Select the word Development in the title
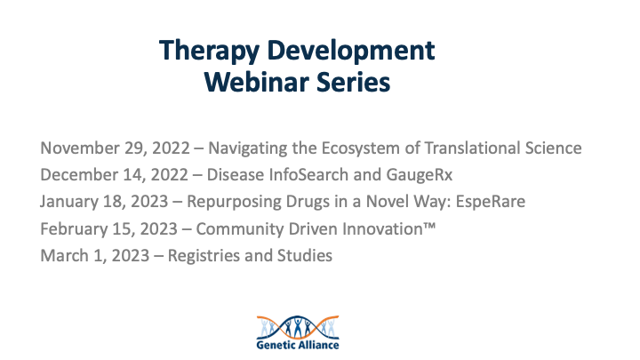tap(356, 50)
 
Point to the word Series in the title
tap(356, 83)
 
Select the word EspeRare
tap(488, 202)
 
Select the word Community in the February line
tap(233, 228)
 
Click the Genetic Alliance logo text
tap(295, 344)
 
